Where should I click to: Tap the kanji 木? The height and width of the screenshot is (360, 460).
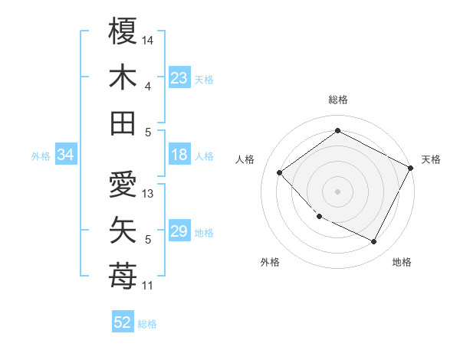123,78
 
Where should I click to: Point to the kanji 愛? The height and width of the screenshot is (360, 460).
123,185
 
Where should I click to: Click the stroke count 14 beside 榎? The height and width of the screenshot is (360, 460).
148,40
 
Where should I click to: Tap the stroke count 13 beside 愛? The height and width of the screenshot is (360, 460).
148,194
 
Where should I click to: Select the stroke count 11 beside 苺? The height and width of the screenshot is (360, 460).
148,286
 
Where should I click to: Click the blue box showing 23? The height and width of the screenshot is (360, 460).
179,78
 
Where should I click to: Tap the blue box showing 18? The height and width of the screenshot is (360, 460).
179,155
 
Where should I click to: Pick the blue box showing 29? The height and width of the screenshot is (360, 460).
179,231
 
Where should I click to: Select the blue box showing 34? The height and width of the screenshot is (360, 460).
66,155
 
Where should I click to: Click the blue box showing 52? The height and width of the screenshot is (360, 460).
123,322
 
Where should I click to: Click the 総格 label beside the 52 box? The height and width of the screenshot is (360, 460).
147,323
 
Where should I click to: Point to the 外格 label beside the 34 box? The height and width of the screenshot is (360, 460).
41,156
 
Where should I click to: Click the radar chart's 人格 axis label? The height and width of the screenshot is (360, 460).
245,159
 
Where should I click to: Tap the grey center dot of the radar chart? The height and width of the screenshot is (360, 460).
337,191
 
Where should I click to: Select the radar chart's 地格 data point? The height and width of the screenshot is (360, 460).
374,242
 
